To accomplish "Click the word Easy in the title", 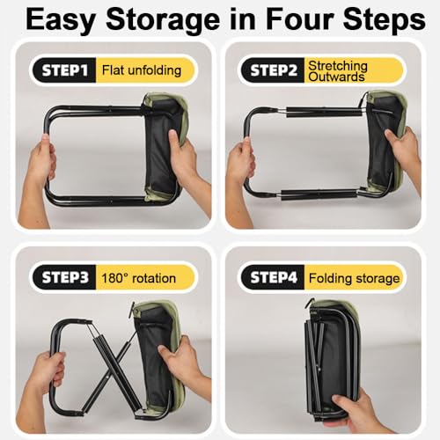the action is pyautogui.click(x=61, y=20).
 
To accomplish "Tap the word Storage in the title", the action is pyautogui.click(x=163, y=20).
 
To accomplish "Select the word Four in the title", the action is pyautogui.click(x=299, y=19).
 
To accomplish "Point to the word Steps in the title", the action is pyautogui.click(x=385, y=20).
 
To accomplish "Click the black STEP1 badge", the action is pyautogui.click(x=64, y=70).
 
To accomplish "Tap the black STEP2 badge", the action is pyautogui.click(x=273, y=70).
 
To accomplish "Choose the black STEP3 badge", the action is pyautogui.click(x=64, y=277).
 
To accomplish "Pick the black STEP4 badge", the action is pyautogui.click(x=273, y=277).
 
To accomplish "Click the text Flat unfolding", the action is pyautogui.click(x=142, y=70).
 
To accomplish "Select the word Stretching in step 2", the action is pyautogui.click(x=338, y=66).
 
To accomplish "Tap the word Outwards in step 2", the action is pyautogui.click(x=336, y=77).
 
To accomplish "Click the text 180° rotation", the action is pyautogui.click(x=138, y=278).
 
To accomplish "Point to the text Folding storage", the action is pyautogui.click(x=354, y=278).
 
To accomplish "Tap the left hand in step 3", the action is pyautogui.click(x=48, y=372).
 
